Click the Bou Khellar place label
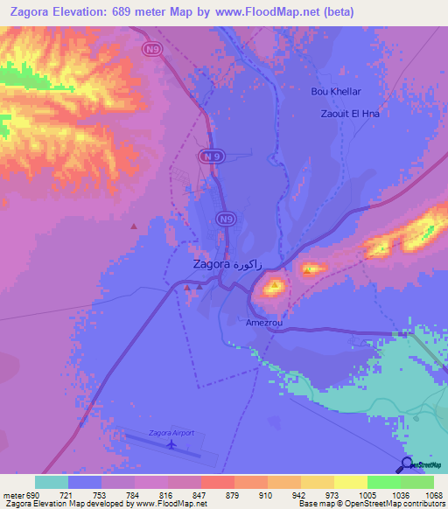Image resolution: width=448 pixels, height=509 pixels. tap(336, 91)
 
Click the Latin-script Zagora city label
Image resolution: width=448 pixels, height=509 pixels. tap(212, 263)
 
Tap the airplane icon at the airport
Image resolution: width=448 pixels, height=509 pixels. tap(172, 444)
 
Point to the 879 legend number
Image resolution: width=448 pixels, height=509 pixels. tap(234, 495)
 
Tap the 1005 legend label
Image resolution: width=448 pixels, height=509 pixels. tap(367, 495)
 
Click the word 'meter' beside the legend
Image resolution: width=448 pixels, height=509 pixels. tap(11, 495)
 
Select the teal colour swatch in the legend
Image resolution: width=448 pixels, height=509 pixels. tap(52, 482)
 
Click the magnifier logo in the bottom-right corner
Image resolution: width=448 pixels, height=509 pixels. tap(406, 465)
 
